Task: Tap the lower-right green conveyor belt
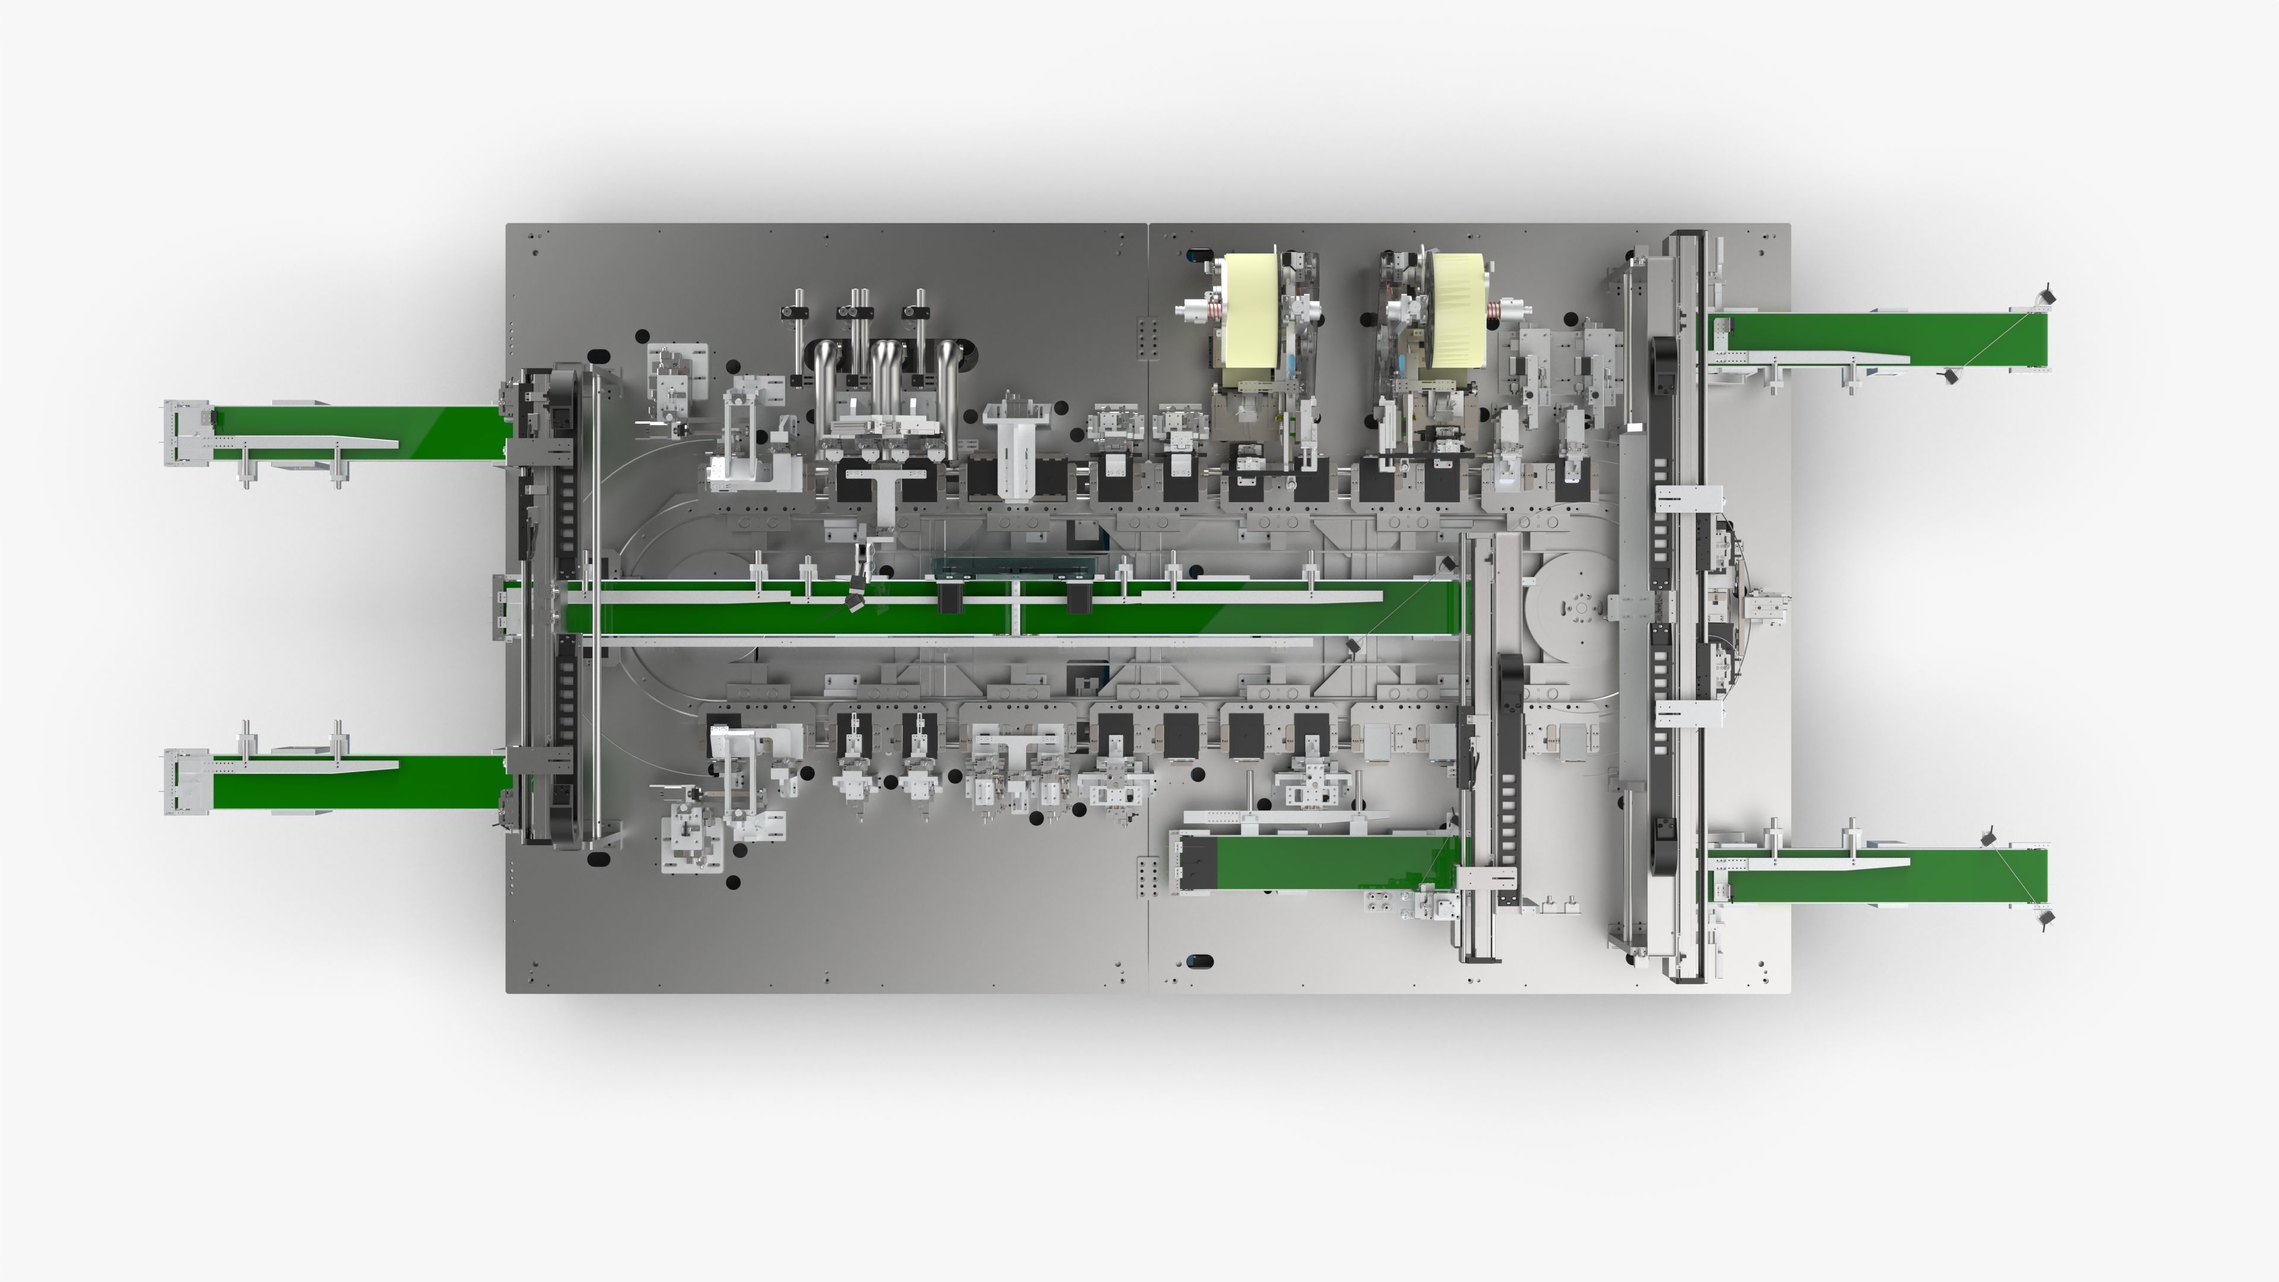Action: (1884, 876)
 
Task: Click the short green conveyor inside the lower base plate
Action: (1327, 862)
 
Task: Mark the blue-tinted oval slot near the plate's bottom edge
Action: (1199, 961)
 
